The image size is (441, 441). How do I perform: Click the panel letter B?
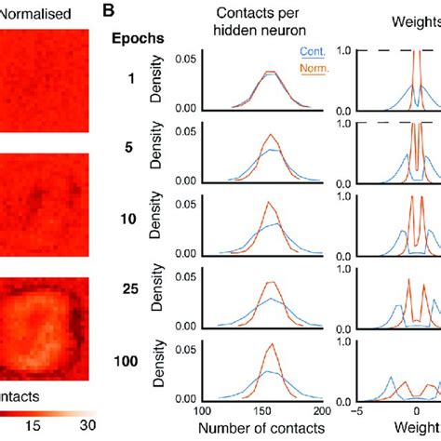point(109,13)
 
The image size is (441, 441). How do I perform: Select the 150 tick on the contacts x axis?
point(261,411)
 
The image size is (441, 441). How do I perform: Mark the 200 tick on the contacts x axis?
point(320,411)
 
